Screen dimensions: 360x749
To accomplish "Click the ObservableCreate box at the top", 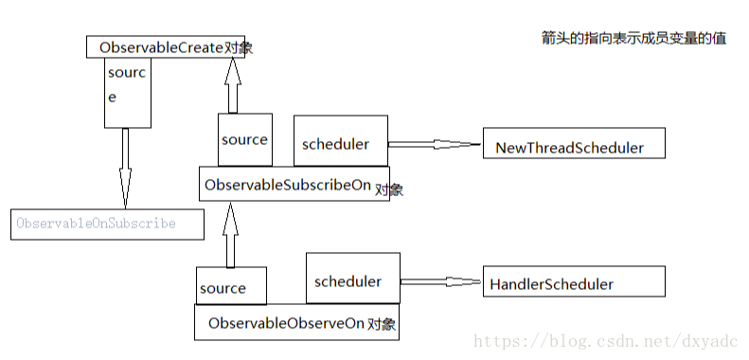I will [166, 46].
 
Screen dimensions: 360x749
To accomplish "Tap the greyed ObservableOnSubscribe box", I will [106, 225].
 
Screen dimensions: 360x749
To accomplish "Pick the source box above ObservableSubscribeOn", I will [244, 140].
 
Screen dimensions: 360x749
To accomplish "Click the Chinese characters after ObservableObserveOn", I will [383, 324].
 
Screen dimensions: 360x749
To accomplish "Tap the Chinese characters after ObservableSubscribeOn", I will [389, 189].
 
